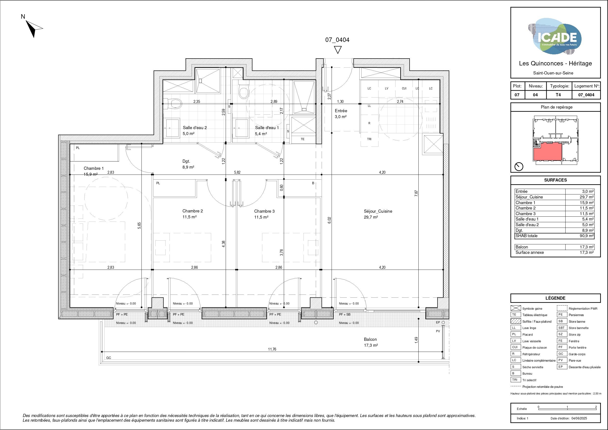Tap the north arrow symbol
[x=34, y=28]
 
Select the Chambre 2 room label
[x=193, y=211]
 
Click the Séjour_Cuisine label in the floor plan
[x=378, y=211]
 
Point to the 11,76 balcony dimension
[x=272, y=349]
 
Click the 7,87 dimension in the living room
[x=416, y=193]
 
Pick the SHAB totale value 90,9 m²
[x=586, y=236]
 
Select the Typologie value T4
[x=558, y=95]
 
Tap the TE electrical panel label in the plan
[x=303, y=139]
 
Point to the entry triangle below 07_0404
[x=337, y=50]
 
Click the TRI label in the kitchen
[x=369, y=139]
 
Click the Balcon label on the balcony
[x=370, y=339]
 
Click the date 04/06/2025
[x=579, y=418]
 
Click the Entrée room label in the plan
[x=341, y=111]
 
